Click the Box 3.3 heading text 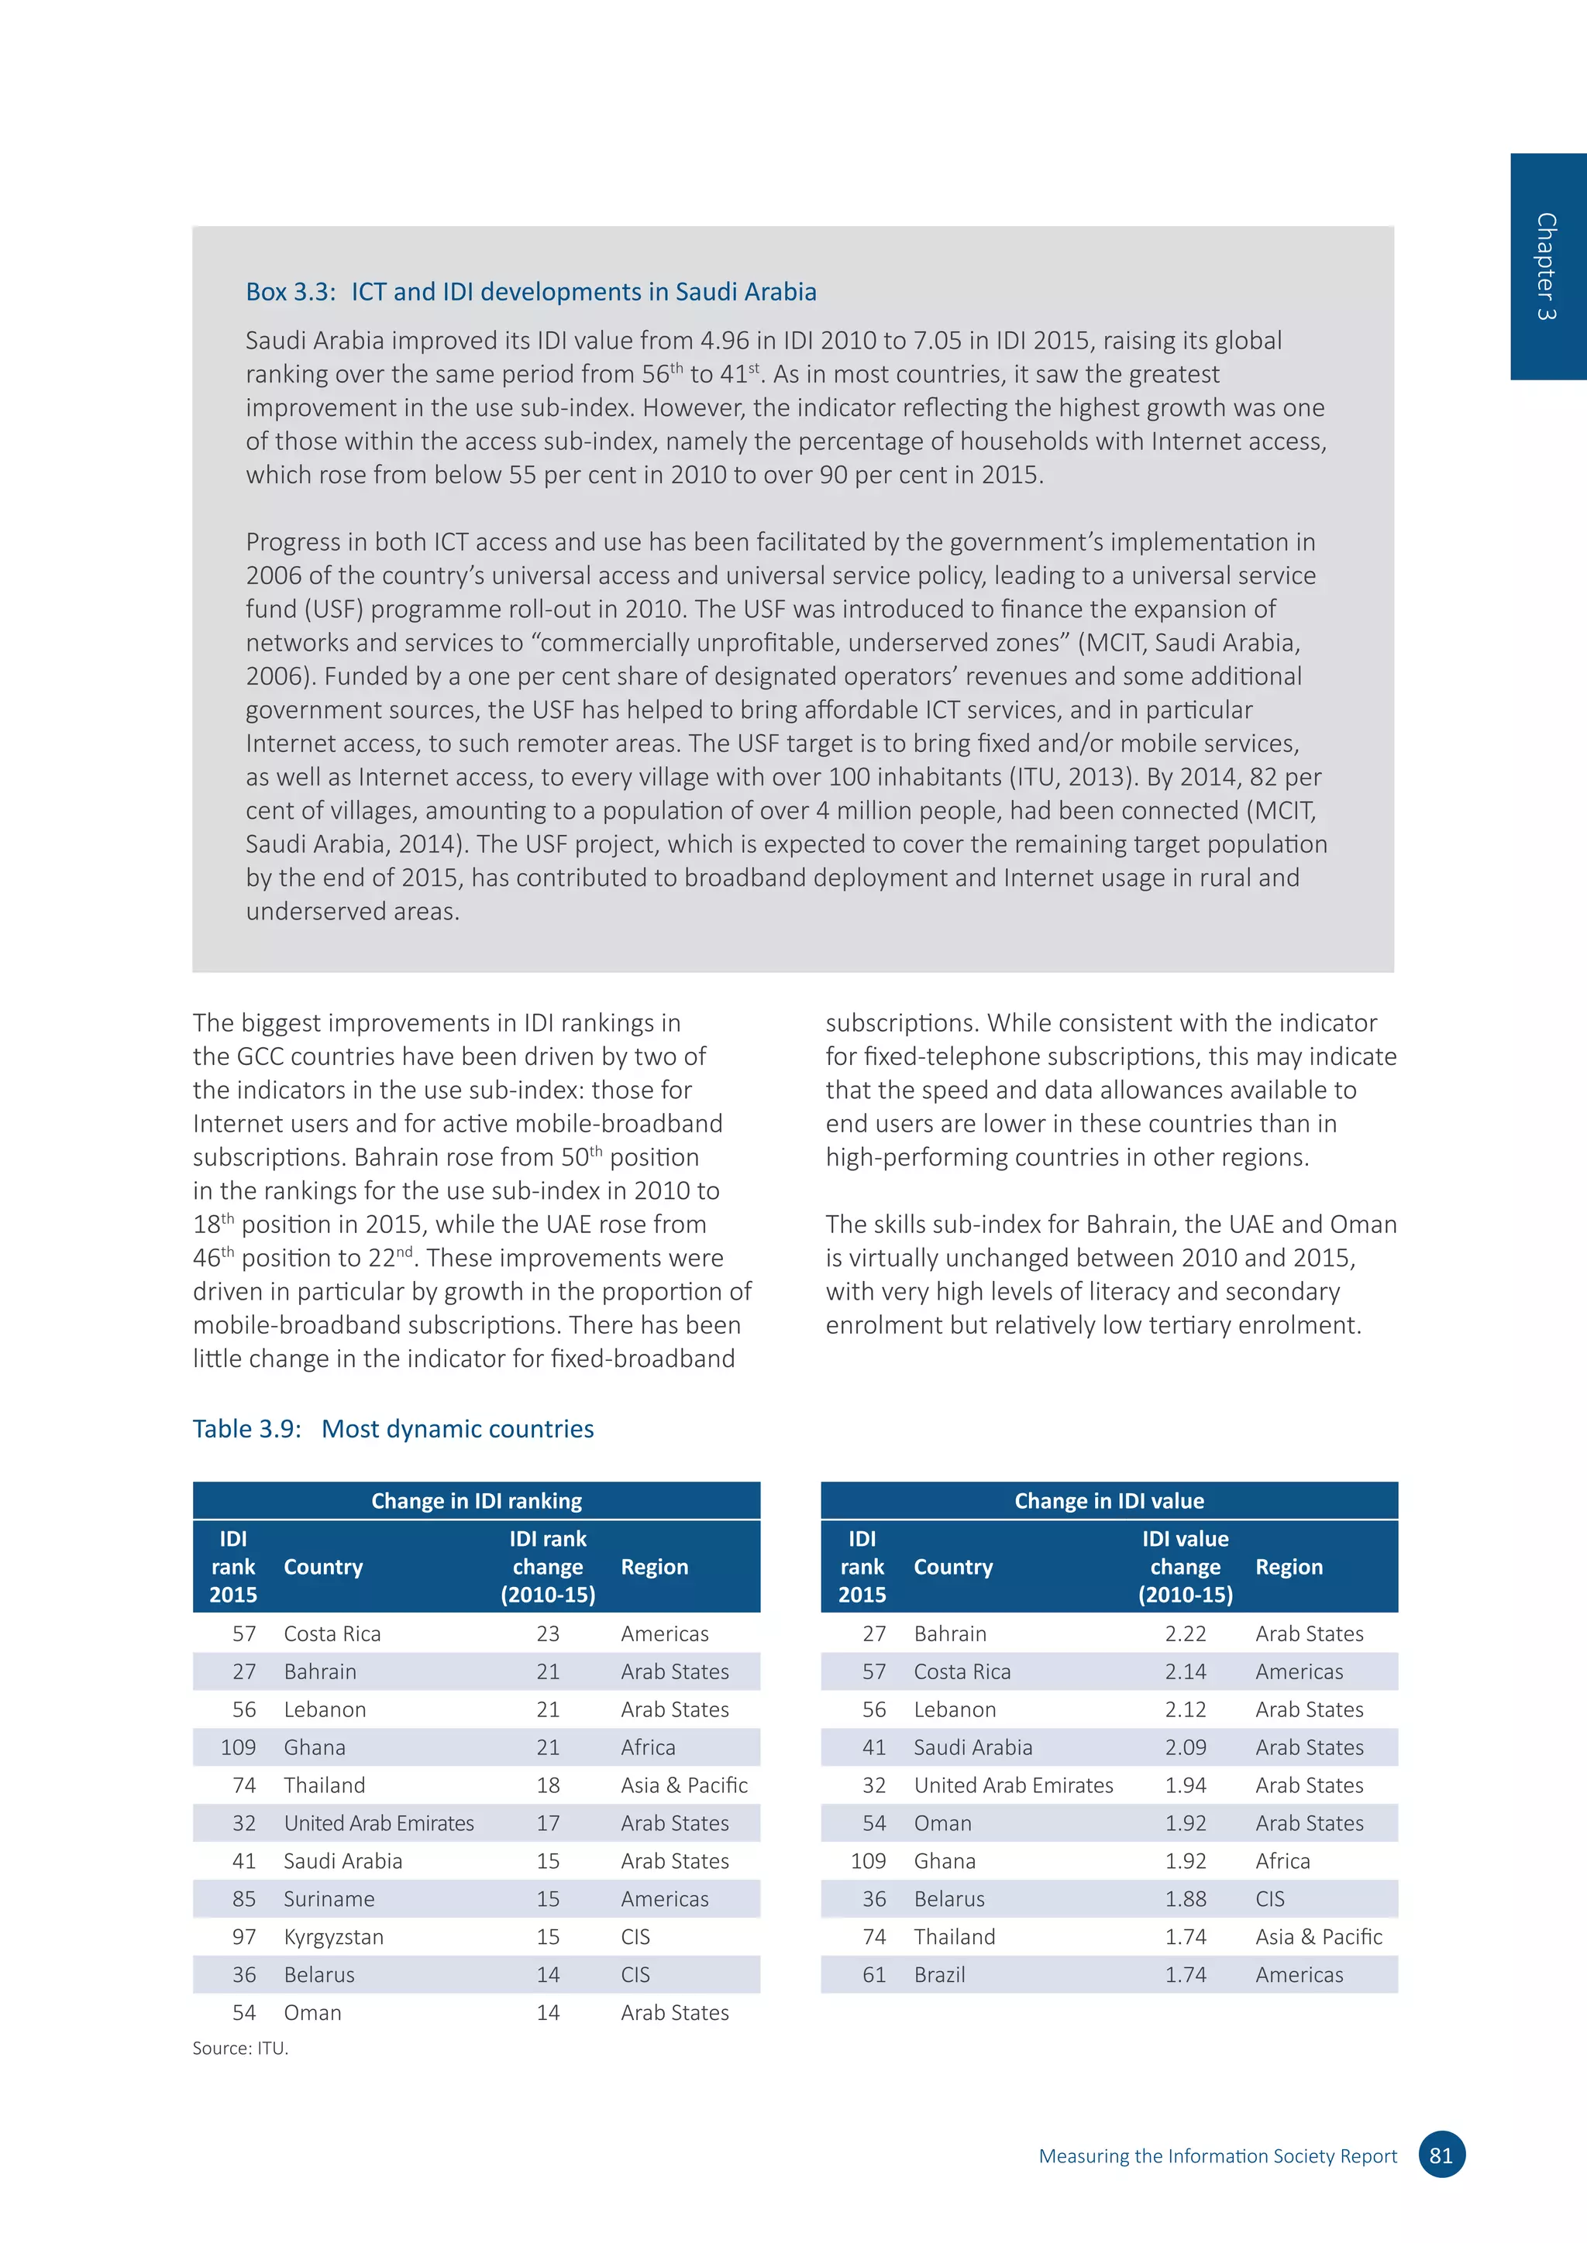tap(531, 292)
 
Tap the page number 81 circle tap(1441, 2155)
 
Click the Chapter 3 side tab tap(1547, 266)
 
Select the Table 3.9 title tap(393, 1428)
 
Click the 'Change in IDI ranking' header tap(476, 1500)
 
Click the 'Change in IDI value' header tap(1109, 1500)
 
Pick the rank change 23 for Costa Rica tap(547, 1633)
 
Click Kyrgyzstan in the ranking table tap(333, 1936)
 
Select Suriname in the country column tap(329, 1898)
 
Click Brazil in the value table tap(939, 1974)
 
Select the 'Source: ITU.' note tap(240, 2048)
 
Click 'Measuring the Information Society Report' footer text tap(1217, 2156)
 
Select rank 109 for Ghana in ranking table tap(239, 1747)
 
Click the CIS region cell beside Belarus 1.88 tap(1269, 1898)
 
